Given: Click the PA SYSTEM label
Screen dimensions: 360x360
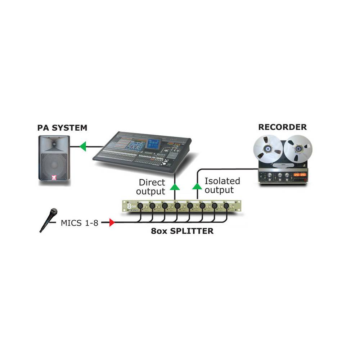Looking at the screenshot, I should (x=62, y=127).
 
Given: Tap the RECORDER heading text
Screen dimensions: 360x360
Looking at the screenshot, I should (x=282, y=127).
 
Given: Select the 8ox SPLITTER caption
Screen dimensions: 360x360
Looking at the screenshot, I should (x=182, y=231).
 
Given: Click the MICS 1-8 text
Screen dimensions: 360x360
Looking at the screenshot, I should (x=79, y=223).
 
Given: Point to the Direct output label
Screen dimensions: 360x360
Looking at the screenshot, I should (x=152, y=187).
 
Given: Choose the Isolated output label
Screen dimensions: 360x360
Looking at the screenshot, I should (x=222, y=185).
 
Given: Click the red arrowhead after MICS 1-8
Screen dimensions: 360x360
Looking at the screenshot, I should (x=112, y=223).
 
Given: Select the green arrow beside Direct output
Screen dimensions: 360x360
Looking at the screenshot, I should (x=175, y=186).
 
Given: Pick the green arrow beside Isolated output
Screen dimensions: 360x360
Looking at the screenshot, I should (x=197, y=186).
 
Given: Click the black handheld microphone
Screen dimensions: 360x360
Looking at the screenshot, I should (x=49, y=219).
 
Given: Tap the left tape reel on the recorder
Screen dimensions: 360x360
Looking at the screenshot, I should (x=267, y=148).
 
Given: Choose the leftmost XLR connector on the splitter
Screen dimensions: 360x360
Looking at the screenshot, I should (x=139, y=207).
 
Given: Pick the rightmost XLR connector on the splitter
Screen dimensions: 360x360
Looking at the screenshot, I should (x=226, y=207).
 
